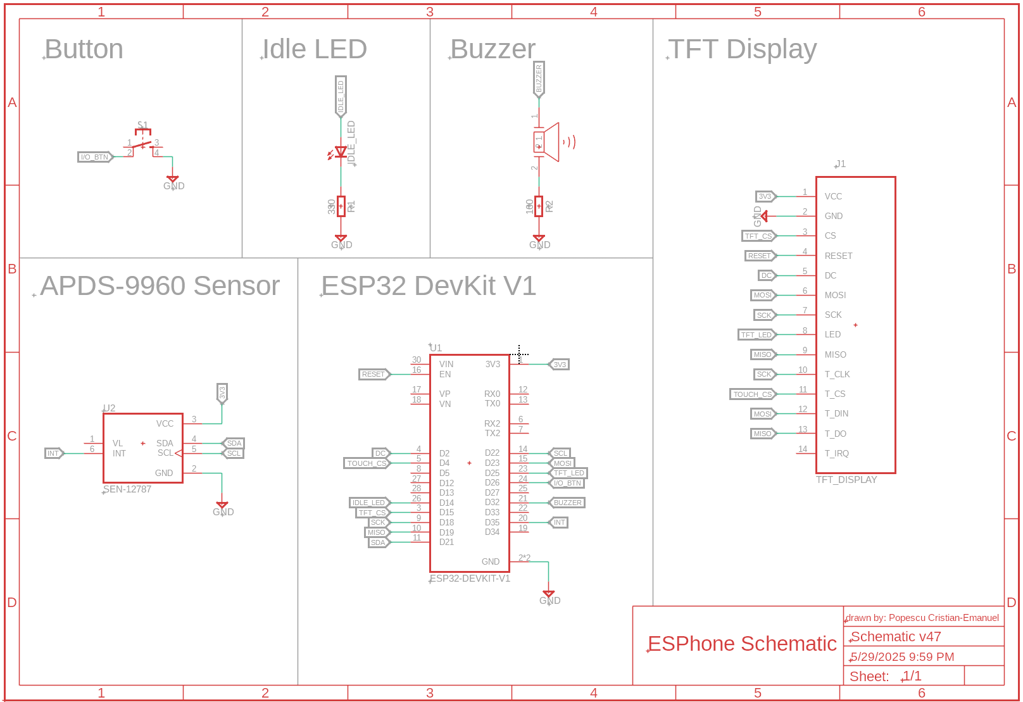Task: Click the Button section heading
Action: [x=84, y=49]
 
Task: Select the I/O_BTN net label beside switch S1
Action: [x=94, y=157]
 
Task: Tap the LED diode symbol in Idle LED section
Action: [x=341, y=152]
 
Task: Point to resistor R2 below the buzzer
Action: [x=539, y=206]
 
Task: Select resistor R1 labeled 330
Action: [x=341, y=206]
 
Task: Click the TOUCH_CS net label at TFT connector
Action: [x=752, y=394]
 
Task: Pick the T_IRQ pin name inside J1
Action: [x=836, y=453]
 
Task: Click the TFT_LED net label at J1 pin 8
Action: [x=756, y=335]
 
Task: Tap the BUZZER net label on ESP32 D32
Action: [x=567, y=503]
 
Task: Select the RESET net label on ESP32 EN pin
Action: [x=373, y=374]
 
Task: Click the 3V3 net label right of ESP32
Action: [x=560, y=365]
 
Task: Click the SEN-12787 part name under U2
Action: [x=127, y=489]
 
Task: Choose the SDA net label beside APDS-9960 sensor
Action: [x=234, y=443]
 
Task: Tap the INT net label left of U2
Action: [x=53, y=453]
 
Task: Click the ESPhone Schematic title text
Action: [x=742, y=644]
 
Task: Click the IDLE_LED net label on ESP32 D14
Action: [x=368, y=503]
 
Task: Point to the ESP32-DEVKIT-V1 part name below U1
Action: [x=470, y=579]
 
